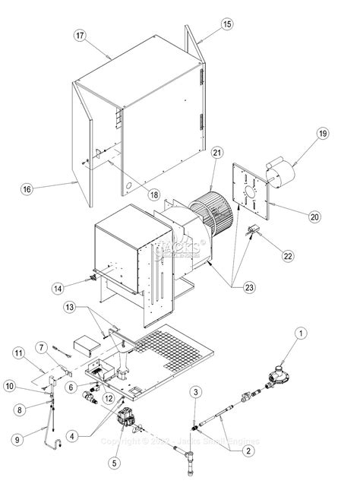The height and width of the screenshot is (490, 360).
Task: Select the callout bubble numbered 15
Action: [227, 24]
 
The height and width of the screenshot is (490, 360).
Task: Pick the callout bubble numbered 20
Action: [313, 216]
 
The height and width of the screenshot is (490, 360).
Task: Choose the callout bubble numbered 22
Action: [288, 255]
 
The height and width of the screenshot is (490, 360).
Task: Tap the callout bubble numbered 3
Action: [196, 391]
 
